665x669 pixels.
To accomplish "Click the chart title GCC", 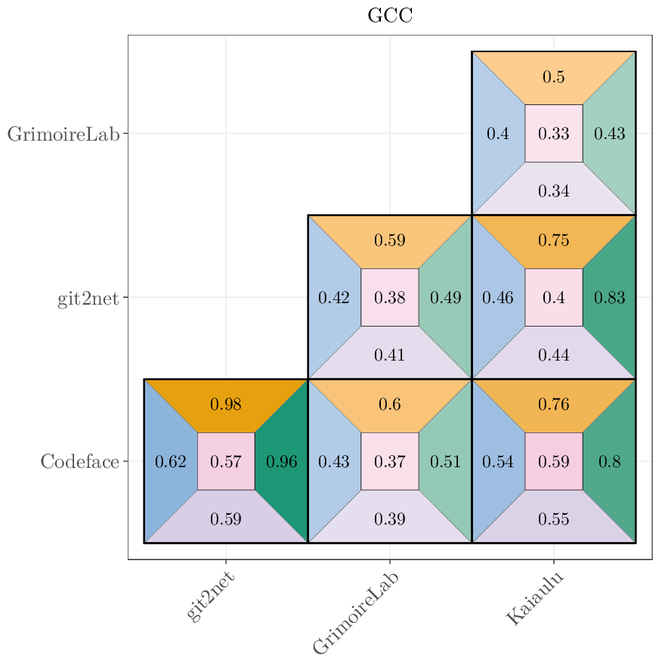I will point(390,16).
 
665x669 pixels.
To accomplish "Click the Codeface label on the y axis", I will point(79,461).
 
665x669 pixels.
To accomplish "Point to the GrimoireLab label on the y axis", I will point(63,135).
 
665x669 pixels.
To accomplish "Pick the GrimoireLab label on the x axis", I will point(355,613).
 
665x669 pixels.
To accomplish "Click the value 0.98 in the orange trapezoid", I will point(226,404).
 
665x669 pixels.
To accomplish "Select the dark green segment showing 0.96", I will point(282,461).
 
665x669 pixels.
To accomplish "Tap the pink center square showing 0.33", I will point(554,134).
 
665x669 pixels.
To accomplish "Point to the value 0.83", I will point(610,298).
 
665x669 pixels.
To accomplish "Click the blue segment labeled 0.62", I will point(171,461).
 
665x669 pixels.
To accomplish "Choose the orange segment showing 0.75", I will point(554,240).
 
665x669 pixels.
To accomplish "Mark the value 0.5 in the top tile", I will point(554,77).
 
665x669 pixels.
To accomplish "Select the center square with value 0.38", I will point(390,298).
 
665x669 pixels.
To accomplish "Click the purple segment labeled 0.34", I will point(554,190).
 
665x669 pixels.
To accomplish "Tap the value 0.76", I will point(554,404).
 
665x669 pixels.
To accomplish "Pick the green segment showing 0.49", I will point(446,298).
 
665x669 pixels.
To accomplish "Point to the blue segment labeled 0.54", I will point(498,461).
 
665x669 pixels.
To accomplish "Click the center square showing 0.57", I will point(226,461).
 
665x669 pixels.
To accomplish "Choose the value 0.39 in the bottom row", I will point(390,519).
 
